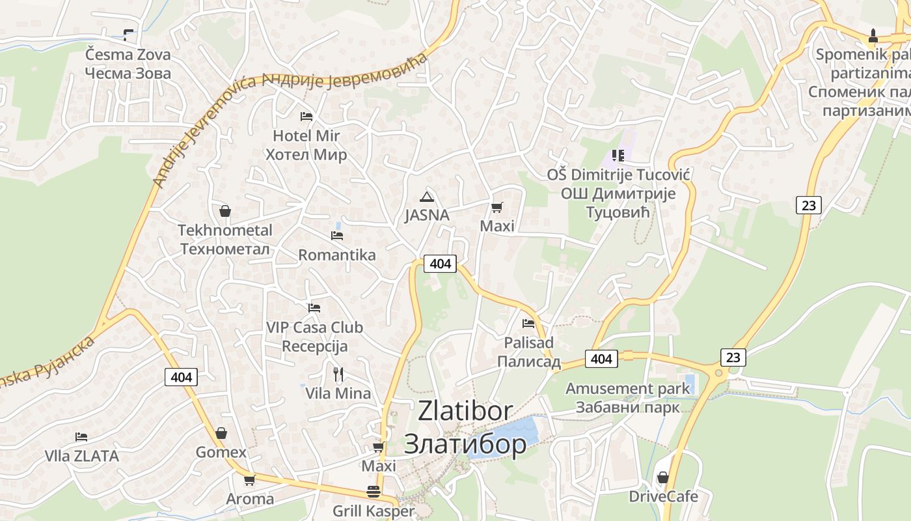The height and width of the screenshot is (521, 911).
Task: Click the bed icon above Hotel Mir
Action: (x=306, y=117)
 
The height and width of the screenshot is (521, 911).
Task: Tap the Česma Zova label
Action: (x=128, y=54)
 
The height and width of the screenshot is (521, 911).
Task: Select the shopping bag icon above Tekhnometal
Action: (x=225, y=211)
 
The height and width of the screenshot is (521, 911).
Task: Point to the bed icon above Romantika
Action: (x=337, y=235)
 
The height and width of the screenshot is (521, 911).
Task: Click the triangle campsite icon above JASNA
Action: (x=427, y=197)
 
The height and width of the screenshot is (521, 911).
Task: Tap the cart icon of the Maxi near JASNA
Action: (x=496, y=208)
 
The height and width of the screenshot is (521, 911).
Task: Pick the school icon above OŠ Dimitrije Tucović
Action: (x=618, y=156)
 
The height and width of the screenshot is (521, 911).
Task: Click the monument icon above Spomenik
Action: (x=873, y=35)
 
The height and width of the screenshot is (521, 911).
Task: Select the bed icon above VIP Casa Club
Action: (x=314, y=307)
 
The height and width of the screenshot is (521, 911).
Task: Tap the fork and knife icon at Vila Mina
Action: (x=338, y=374)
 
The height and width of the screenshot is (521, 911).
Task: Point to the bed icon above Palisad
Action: (x=528, y=323)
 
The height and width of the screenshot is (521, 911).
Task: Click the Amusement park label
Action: (x=627, y=389)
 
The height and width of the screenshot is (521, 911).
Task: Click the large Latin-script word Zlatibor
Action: (x=465, y=411)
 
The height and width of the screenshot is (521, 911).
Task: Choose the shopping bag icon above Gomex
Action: (x=221, y=433)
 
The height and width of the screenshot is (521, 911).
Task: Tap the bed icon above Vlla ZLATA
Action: (x=81, y=436)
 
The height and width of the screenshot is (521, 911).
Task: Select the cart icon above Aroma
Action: (x=249, y=481)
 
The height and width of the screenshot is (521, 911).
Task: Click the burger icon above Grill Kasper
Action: (x=373, y=492)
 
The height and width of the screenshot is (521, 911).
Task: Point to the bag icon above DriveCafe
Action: (x=662, y=477)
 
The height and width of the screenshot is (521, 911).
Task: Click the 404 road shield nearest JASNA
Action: (x=440, y=264)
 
